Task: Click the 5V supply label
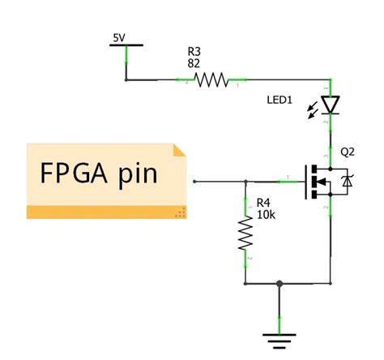[119, 37]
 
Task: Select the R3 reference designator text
[194, 51]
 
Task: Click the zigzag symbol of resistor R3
[211, 80]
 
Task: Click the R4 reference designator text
[264, 202]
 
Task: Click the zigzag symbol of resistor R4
[245, 235]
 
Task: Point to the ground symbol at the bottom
[279, 339]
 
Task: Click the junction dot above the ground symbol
[279, 284]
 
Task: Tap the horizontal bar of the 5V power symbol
[126, 46]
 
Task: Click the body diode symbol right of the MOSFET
[348, 182]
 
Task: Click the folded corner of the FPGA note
[181, 150]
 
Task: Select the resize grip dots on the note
[181, 212]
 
